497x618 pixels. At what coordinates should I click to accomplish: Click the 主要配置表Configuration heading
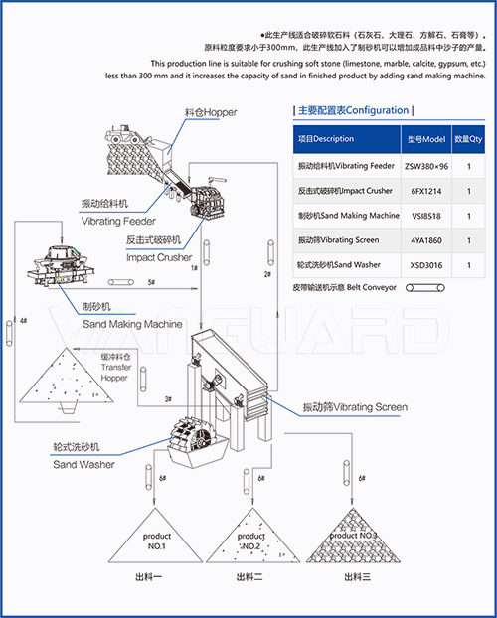pyautogui.click(x=354, y=111)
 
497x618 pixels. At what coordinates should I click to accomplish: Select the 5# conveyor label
pyautogui.click(x=150, y=284)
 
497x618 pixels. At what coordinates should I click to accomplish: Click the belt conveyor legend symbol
pyautogui.click(x=416, y=287)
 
